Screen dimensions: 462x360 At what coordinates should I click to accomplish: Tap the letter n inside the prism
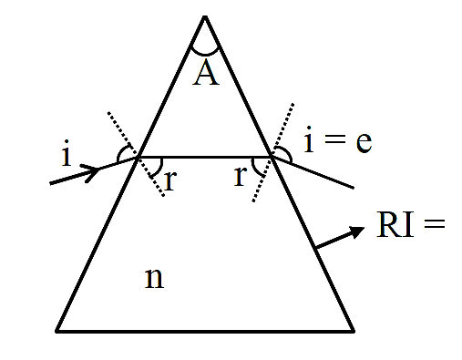[154, 278]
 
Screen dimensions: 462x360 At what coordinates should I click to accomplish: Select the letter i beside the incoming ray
[66, 153]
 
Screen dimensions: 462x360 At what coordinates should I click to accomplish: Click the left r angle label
[170, 180]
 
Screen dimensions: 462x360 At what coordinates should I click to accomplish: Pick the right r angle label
[240, 176]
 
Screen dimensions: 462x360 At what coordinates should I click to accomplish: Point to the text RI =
[411, 224]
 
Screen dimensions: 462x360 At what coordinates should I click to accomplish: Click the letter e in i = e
[364, 142]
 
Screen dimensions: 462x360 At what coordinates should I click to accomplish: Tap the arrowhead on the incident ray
[91, 172]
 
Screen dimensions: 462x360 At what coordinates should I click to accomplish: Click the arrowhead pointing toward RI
[356, 231]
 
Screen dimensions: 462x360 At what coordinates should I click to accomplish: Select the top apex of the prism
[205, 16]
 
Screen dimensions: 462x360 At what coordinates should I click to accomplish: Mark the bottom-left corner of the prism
[56, 331]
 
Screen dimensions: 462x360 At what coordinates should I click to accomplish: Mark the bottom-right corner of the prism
[354, 331]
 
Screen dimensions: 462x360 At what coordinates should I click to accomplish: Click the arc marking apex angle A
[205, 54]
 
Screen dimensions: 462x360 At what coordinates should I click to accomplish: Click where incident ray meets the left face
[139, 157]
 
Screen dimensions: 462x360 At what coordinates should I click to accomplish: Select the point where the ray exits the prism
[272, 157]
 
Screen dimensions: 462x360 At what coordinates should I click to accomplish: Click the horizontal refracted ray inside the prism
[205, 157]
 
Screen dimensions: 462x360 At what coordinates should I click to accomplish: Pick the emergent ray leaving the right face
[313, 172]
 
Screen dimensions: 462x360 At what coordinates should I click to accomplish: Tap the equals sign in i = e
[334, 139]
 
